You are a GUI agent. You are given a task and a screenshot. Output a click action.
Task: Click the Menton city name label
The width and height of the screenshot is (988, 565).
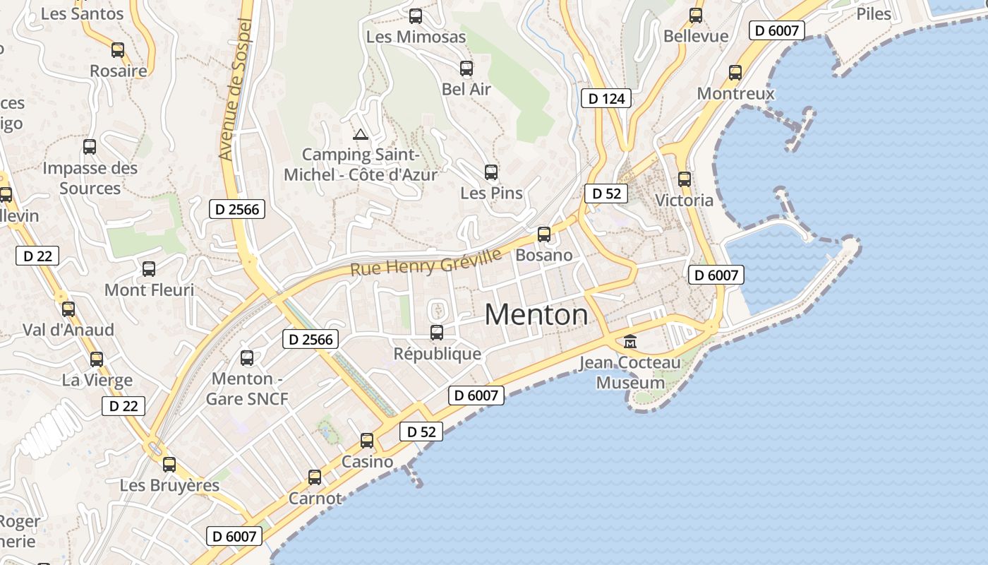pos(536,314)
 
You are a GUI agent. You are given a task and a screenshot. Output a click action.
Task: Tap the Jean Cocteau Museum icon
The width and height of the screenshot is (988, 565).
pos(630,342)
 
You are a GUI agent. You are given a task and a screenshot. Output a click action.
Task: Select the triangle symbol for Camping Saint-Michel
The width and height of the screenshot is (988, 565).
pos(361,134)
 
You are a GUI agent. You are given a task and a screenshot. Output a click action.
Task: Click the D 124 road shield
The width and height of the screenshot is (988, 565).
pos(606,98)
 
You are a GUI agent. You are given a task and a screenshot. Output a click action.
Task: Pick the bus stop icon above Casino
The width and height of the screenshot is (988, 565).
pos(367,441)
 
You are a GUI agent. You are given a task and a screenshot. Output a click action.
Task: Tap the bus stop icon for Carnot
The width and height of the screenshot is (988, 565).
pos(315,477)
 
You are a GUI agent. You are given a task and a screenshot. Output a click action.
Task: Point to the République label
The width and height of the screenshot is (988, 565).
pos(437,354)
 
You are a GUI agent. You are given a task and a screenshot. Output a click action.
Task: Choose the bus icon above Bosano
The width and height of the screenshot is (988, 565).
pos(544,234)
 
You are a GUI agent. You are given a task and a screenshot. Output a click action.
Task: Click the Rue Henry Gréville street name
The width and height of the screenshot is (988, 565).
pos(426,261)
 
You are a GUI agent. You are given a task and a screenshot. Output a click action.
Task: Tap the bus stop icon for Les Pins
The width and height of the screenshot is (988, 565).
pos(491,172)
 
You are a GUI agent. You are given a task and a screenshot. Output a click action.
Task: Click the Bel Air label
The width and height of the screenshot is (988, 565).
pos(466,89)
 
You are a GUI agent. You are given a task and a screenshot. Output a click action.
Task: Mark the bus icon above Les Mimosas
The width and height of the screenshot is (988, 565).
pos(416,16)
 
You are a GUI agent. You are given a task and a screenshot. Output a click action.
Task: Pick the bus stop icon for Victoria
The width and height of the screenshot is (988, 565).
pos(684,179)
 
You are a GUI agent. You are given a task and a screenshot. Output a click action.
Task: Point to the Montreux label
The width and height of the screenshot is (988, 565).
pos(735,93)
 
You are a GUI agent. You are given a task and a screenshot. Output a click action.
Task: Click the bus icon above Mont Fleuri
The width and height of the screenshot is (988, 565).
pos(149,269)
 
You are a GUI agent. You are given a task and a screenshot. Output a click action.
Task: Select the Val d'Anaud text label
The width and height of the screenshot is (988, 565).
pos(68,330)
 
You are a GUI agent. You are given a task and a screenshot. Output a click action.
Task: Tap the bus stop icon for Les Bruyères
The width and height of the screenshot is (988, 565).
pos(169,465)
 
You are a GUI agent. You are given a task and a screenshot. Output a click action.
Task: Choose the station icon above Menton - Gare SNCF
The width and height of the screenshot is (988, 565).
pos(247,358)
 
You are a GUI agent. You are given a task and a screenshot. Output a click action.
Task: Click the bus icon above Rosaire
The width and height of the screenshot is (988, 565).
pos(118,50)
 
